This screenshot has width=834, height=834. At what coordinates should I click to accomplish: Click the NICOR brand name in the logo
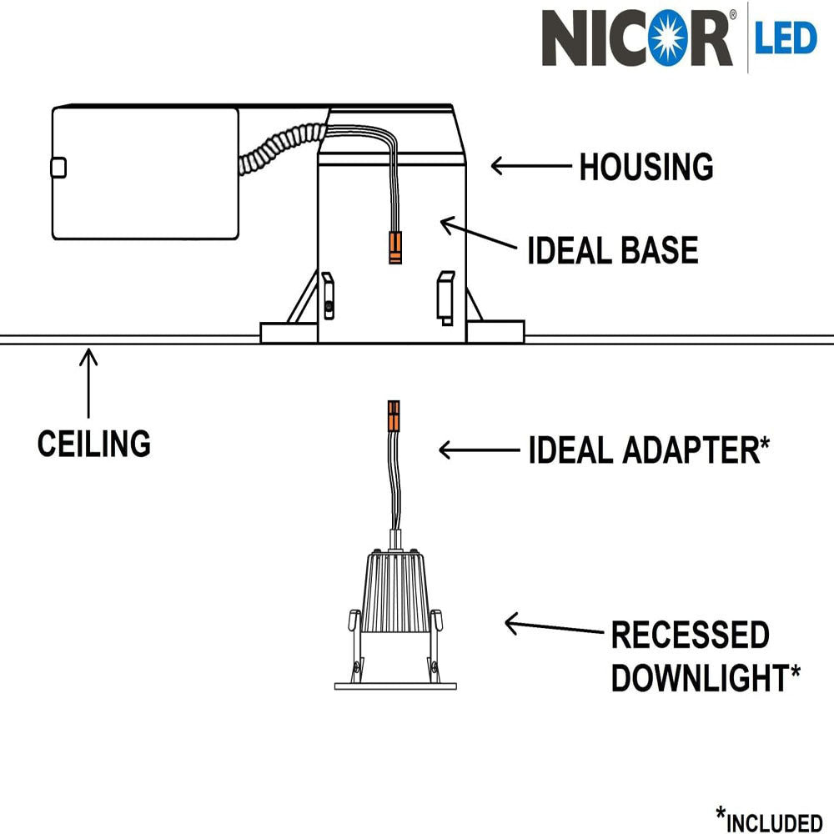(x=637, y=37)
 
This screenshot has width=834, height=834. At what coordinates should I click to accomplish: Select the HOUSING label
(x=646, y=167)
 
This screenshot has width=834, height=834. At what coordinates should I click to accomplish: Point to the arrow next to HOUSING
(x=530, y=167)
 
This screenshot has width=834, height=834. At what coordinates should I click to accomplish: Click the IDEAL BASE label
(x=612, y=250)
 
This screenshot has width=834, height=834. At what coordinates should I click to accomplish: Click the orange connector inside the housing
(x=393, y=248)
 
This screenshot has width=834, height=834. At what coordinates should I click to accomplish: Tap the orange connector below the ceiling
(x=393, y=414)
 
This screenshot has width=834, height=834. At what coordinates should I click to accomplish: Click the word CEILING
(x=93, y=443)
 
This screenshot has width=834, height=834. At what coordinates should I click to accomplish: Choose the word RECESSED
(x=690, y=636)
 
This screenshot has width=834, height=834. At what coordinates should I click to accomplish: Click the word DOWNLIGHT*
(x=706, y=678)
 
